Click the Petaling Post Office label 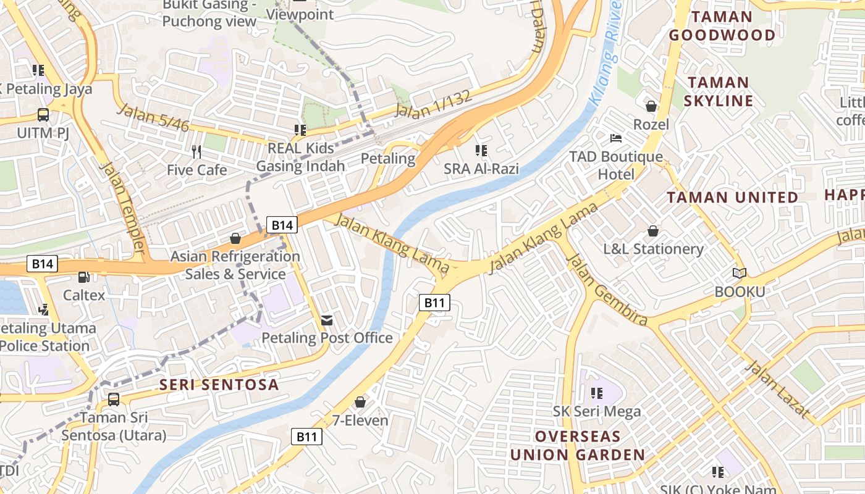click(x=327, y=338)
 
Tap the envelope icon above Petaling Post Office click(x=326, y=320)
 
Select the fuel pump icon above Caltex click(x=83, y=278)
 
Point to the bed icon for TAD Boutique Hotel click(x=616, y=138)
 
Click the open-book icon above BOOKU click(x=739, y=273)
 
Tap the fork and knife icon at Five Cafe click(x=196, y=151)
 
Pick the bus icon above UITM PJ click(x=43, y=114)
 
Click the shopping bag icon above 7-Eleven click(x=360, y=402)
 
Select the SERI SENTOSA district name click(x=219, y=385)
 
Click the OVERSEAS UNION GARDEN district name click(x=577, y=446)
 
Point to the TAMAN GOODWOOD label click(x=721, y=26)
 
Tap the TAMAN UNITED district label click(x=732, y=198)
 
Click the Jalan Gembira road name click(x=607, y=290)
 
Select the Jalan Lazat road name click(x=777, y=389)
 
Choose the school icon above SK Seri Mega click(x=596, y=393)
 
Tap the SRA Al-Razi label click(x=481, y=169)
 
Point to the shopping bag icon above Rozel click(x=651, y=106)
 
